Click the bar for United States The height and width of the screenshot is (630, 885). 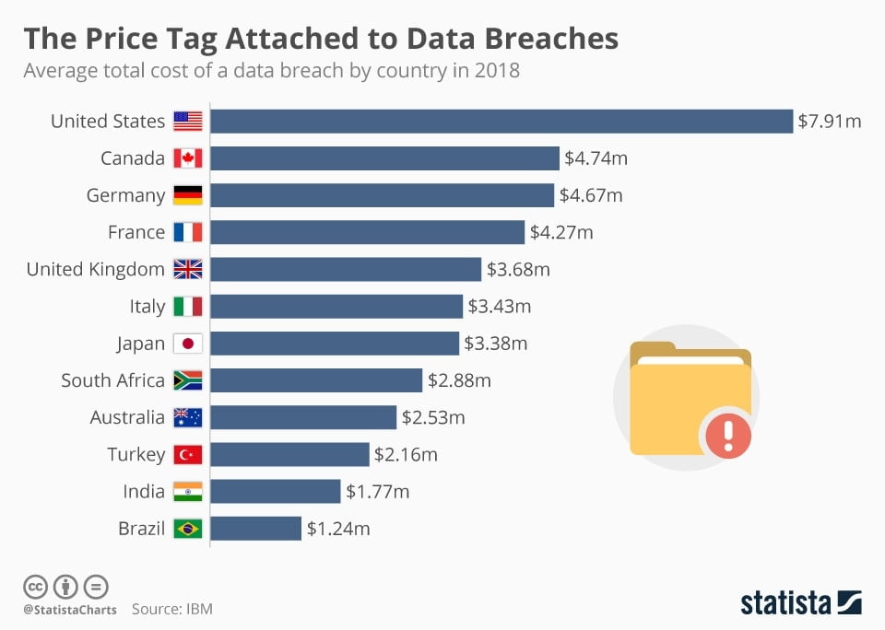click(501, 122)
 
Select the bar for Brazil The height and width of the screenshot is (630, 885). click(256, 529)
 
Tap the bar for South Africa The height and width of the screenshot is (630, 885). click(316, 380)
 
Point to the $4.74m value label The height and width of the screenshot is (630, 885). click(596, 158)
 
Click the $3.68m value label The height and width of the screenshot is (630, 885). click(518, 270)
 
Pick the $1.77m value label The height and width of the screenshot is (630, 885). click(377, 492)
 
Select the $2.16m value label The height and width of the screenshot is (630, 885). click(406, 454)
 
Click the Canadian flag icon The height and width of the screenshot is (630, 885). click(187, 158)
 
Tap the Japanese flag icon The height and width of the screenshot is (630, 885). click(187, 344)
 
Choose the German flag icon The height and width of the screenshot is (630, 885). click(187, 195)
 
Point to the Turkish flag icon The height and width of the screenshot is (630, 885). click(187, 454)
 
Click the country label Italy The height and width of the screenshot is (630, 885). click(147, 307)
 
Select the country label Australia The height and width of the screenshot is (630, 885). click(127, 417)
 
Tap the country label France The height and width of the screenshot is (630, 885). click(136, 232)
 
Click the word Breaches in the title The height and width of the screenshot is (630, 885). click(548, 39)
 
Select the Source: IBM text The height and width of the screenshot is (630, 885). click(172, 609)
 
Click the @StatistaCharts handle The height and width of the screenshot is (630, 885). click(69, 609)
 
